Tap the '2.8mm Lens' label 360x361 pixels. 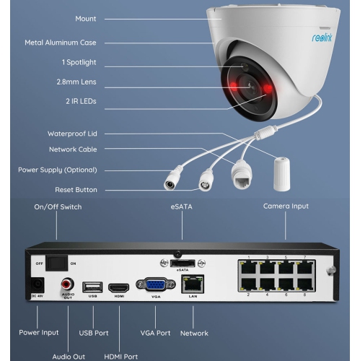[76, 82]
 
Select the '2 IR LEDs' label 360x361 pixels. [79, 102]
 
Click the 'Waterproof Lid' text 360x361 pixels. [72, 134]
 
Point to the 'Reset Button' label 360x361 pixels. [76, 190]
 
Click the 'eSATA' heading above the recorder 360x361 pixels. [183, 206]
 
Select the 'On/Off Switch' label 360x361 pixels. [58, 207]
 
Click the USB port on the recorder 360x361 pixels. [91, 286]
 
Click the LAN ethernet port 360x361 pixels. [193, 284]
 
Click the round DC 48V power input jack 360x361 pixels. [38, 284]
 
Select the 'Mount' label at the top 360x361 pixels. [87, 18]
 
